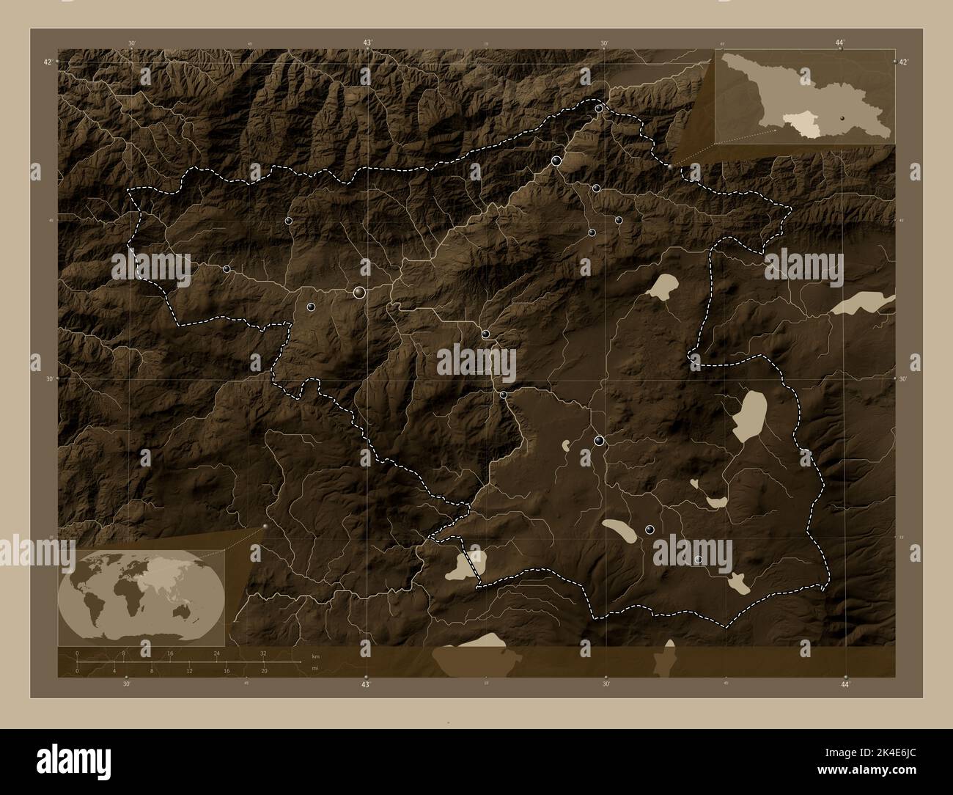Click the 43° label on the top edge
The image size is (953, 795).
[367, 43]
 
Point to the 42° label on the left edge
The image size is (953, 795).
[46, 62]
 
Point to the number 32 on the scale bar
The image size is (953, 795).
[263, 653]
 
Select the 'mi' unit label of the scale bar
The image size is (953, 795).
[315, 668]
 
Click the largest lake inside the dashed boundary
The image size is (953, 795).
[749, 416]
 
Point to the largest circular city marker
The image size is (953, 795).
[359, 293]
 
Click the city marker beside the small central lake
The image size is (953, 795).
[600, 441]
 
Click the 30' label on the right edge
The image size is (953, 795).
[903, 379]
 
